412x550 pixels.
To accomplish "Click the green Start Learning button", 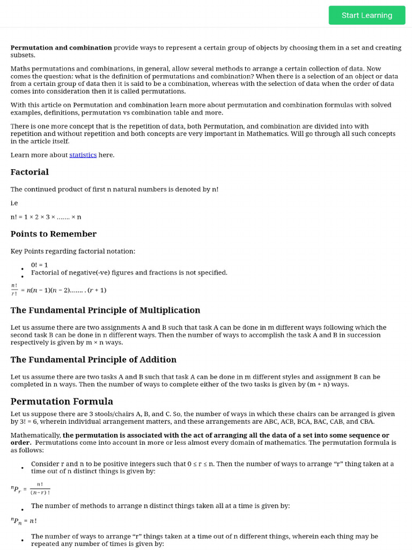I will (x=367, y=15).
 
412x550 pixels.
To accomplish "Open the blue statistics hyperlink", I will (x=83, y=155).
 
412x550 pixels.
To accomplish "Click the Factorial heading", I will (x=30, y=172).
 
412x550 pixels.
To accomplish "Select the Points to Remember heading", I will (x=54, y=234).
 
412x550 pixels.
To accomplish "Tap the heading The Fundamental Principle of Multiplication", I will (x=105, y=310).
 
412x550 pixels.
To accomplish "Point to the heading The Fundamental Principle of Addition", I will (x=93, y=359).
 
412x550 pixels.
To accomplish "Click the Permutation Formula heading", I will (x=62, y=401).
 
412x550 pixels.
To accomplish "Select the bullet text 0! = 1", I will (x=39, y=265).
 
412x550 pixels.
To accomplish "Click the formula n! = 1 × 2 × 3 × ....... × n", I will (x=46, y=216).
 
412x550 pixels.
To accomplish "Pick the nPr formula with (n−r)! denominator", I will (x=31, y=488).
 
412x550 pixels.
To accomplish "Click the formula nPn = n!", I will (x=24, y=520).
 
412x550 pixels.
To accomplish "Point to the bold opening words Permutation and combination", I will (x=61, y=47).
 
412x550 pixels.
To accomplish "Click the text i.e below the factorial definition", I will (x=14, y=203).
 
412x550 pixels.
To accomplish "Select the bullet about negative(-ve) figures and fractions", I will (x=129, y=272).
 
